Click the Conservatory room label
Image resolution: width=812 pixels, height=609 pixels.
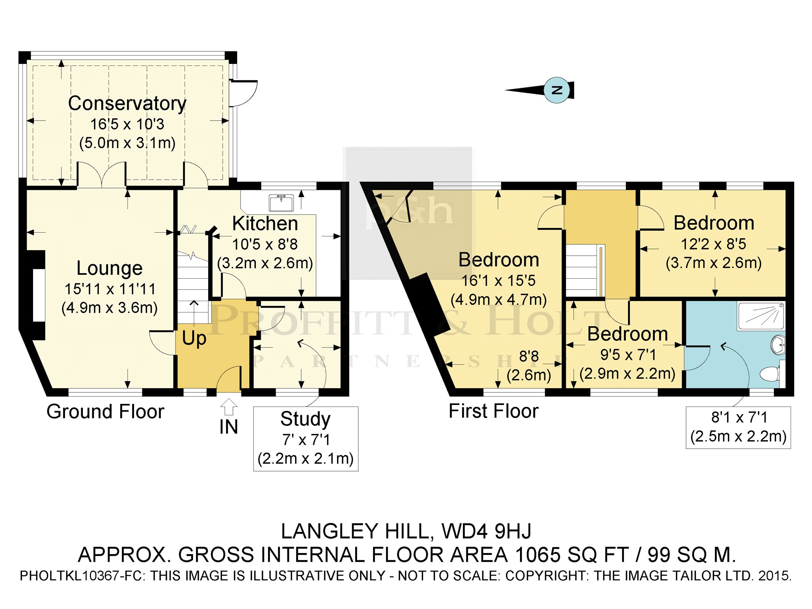click(x=127, y=104)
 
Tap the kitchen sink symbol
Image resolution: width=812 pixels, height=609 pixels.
click(x=281, y=202)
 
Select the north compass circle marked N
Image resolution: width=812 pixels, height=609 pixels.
click(x=557, y=90)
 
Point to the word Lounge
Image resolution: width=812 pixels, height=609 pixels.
click(x=110, y=268)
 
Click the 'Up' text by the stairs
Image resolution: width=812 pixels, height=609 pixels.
click(x=194, y=338)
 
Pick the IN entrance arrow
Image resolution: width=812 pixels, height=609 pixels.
click(x=228, y=407)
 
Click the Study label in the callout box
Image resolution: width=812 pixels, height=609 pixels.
click(x=305, y=419)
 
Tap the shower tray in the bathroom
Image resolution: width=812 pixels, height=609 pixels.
click(x=761, y=316)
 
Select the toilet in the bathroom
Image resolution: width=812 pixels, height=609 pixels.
click(x=772, y=373)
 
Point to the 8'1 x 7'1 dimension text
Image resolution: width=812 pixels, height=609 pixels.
click(x=739, y=418)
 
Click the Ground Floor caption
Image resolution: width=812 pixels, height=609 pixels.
click(x=105, y=412)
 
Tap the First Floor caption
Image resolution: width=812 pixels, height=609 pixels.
click(x=494, y=411)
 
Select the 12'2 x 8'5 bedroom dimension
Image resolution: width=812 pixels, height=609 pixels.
click(x=713, y=244)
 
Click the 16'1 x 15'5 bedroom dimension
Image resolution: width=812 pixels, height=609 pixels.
click(x=498, y=281)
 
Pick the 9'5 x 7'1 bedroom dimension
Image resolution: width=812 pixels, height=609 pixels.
click(x=628, y=355)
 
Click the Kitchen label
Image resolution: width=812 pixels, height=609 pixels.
click(x=265, y=223)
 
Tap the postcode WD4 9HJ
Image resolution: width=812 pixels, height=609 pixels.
click(x=486, y=531)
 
